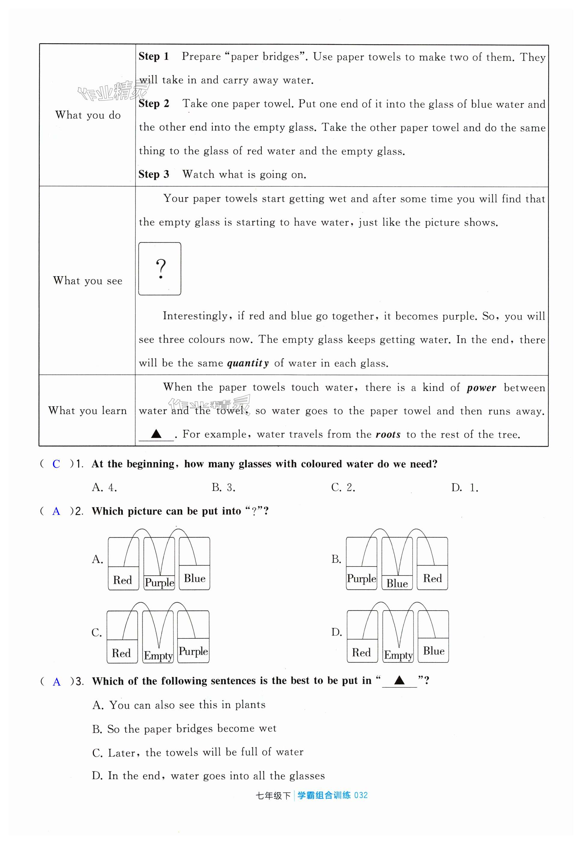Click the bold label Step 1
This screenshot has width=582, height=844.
point(153,56)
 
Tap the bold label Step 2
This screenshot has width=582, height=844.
point(153,104)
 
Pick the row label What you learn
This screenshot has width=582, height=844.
point(87,410)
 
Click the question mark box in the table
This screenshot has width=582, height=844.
point(160,269)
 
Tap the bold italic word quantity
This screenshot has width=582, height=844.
point(248,363)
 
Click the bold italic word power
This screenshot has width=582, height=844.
point(481,388)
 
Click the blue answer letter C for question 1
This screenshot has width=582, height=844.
point(56,464)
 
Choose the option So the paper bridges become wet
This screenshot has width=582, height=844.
point(184,728)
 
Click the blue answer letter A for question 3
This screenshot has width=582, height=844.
point(56,682)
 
